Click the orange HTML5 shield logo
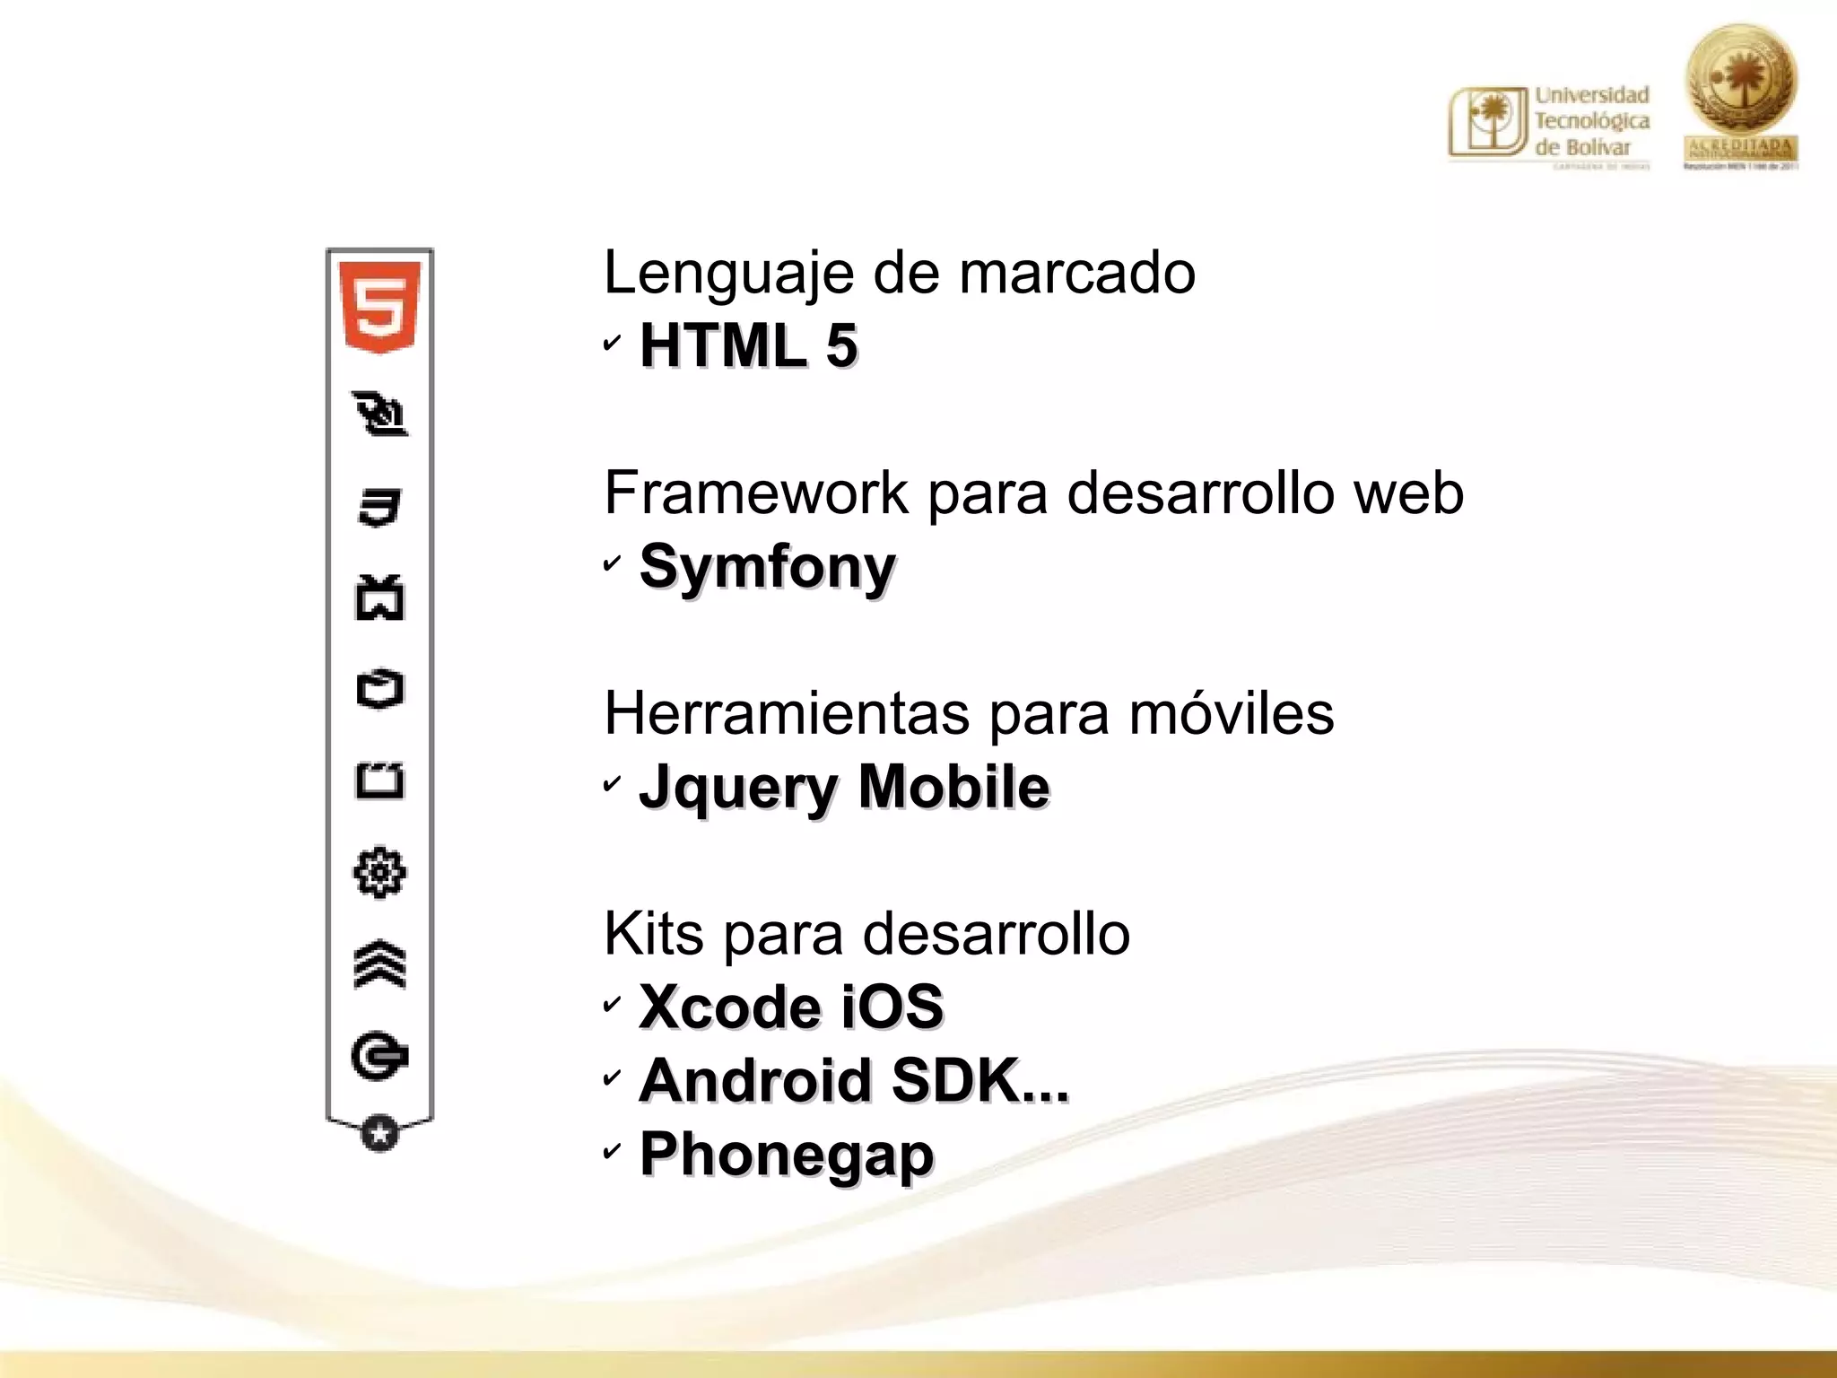379,306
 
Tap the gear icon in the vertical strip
379,872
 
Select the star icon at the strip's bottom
379,1133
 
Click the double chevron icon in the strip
379,964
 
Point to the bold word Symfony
767,567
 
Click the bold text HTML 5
748,345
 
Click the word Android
755,1080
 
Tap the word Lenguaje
728,273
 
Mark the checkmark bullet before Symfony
612,563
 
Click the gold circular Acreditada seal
1740,94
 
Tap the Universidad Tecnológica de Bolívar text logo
1550,124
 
